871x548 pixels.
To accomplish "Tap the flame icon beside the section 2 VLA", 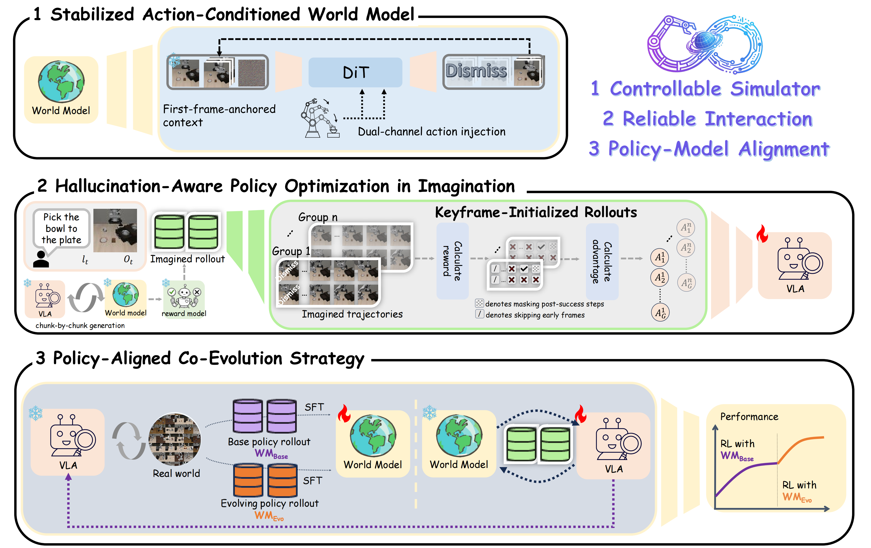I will click(x=762, y=234).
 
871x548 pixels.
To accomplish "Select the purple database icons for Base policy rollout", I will click(x=264, y=416).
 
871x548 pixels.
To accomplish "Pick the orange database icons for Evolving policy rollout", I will click(x=265, y=480).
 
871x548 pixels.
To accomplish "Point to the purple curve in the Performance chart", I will click(x=745, y=471).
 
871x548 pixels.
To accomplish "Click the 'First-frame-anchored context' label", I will click(x=219, y=115).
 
